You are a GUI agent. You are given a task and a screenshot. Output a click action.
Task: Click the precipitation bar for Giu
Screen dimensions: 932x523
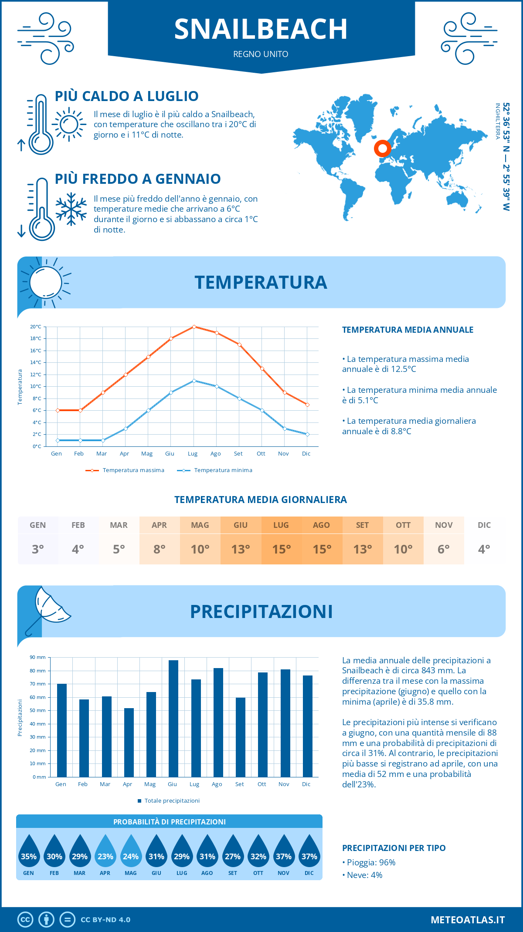click(173, 719)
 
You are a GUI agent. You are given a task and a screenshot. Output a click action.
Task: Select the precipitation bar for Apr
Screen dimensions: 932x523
click(129, 743)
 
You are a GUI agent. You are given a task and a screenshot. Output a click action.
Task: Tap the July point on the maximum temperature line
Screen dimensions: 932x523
click(194, 327)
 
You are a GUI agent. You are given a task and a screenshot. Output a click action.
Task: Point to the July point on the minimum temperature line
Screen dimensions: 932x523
click(194, 381)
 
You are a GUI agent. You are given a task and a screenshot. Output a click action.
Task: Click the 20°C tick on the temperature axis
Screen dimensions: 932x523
click(36, 327)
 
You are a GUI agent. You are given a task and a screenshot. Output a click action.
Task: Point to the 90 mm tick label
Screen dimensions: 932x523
click(38, 657)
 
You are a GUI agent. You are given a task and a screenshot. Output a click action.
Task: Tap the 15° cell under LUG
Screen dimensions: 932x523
click(281, 549)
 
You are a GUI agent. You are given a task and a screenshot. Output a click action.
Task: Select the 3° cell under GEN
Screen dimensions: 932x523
click(38, 549)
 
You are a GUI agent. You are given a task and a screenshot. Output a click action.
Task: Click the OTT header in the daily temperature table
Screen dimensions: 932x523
click(403, 525)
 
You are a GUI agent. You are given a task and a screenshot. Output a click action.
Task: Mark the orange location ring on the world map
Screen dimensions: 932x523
click(383, 149)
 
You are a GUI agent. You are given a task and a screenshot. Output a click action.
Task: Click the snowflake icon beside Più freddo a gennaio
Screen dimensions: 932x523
click(71, 209)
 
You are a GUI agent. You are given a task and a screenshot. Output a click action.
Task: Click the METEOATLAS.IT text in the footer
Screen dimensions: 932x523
click(468, 920)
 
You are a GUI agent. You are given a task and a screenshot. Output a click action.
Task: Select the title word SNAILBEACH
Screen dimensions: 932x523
click(261, 29)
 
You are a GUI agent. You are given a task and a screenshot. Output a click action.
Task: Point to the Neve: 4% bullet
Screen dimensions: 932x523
click(363, 875)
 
